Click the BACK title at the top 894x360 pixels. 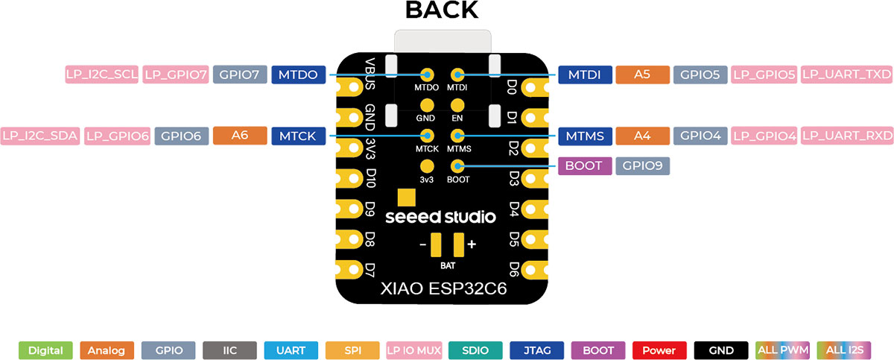coord(442,10)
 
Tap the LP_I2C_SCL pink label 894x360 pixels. coord(101,75)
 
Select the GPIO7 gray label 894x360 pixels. coord(240,75)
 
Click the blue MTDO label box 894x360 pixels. coord(299,75)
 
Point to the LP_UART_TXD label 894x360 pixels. coord(847,75)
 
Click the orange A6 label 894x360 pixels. coord(239,136)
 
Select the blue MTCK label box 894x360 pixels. coord(299,136)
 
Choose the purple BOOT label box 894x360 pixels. coord(585,165)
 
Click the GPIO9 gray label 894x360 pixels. coord(643,165)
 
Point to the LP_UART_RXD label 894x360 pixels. coord(847,136)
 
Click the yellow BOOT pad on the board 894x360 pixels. coord(457,165)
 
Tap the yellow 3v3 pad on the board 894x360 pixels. coord(427,165)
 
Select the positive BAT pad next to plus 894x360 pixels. coord(458,244)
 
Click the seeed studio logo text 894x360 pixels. coord(440,217)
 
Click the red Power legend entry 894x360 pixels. coord(659,350)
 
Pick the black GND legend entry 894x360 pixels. coord(720,350)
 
